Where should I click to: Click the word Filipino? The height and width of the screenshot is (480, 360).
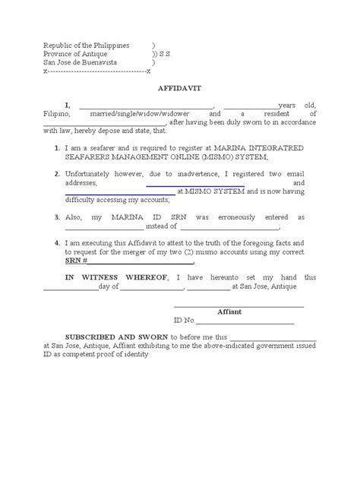pyautogui.click(x=54, y=113)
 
